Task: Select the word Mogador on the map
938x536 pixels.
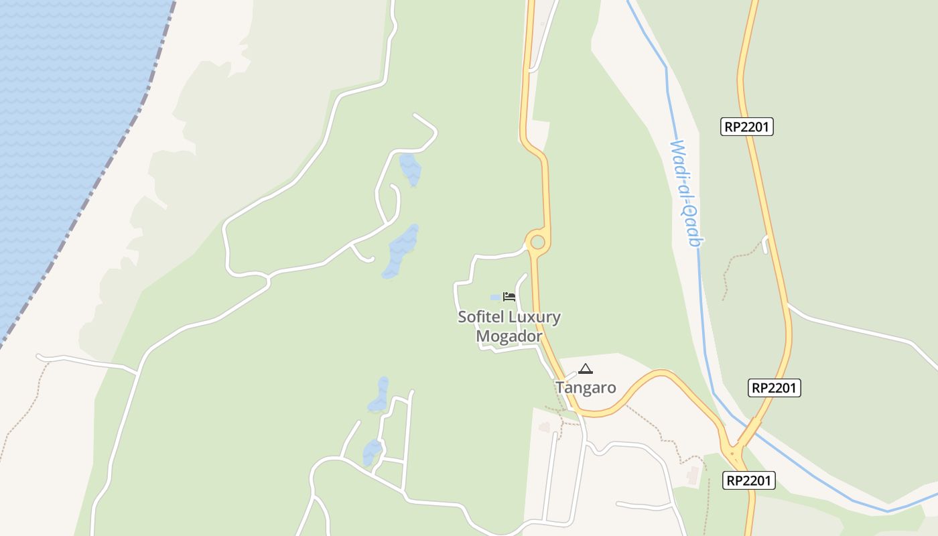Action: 509,336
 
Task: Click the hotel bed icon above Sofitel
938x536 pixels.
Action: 509,297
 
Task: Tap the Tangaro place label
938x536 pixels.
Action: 586,388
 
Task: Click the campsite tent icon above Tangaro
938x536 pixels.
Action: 586,368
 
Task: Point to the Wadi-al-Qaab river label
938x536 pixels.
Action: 685,193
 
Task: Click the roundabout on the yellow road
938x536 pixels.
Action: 537,242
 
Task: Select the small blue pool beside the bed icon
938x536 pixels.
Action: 496,297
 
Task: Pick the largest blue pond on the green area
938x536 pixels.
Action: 401,251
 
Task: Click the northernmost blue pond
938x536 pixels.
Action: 409,170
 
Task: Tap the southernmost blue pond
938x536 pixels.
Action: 371,452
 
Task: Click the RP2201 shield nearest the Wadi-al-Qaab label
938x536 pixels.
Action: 747,127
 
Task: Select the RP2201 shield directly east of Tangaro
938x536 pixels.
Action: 775,387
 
